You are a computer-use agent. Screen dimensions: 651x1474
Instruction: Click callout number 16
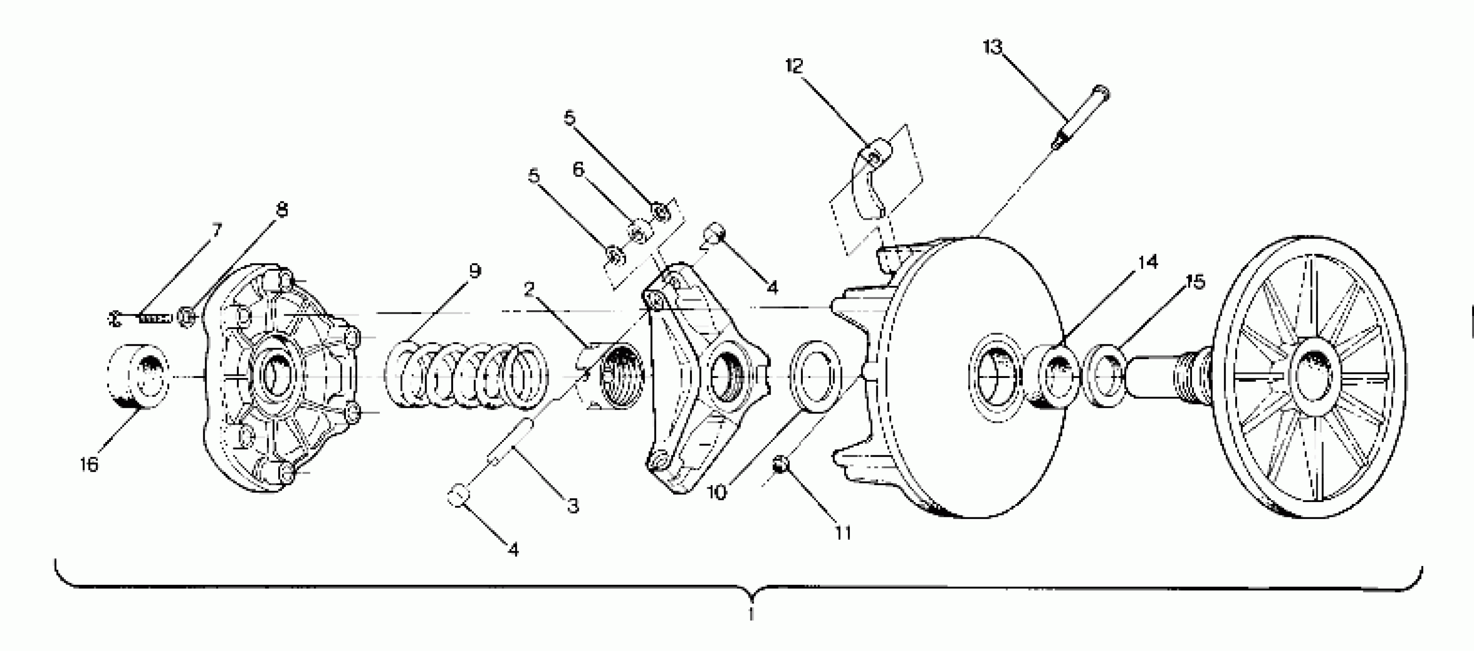coord(89,465)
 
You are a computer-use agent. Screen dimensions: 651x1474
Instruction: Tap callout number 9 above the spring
coord(474,271)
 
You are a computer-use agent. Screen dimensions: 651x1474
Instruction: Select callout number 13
coord(993,47)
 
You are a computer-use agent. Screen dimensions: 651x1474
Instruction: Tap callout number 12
coord(794,66)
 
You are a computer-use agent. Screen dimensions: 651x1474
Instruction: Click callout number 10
coord(717,491)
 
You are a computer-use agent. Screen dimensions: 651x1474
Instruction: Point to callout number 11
coord(843,533)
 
